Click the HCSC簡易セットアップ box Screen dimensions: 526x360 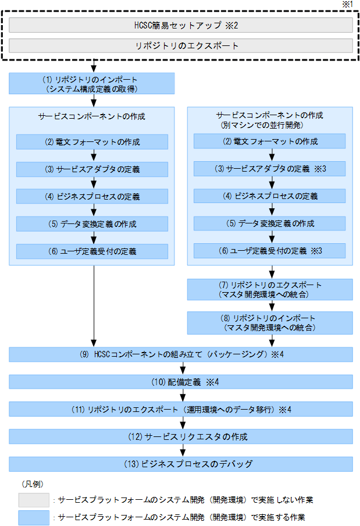click(181, 25)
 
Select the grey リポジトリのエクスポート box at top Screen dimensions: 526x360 click(181, 46)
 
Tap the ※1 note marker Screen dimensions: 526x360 click(348, 5)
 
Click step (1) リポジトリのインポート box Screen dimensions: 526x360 click(92, 83)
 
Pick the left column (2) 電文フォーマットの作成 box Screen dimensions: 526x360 click(92, 142)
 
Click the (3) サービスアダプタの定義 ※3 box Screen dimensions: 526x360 click(269, 169)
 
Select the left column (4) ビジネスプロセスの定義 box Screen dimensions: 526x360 click(92, 197)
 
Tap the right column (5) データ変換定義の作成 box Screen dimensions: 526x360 click(269, 223)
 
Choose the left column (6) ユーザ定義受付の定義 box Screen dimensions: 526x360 click(92, 251)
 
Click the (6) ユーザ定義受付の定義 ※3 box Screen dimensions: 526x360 click(269, 251)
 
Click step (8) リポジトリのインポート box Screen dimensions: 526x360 click(269, 323)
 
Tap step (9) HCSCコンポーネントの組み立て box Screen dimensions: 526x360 click(181, 354)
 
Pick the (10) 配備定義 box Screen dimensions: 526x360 click(181, 382)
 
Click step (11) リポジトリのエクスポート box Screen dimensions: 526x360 click(181, 409)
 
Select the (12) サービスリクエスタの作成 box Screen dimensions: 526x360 click(181, 436)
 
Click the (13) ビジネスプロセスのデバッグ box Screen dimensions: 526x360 click(181, 464)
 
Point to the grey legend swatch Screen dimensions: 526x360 click(34, 500)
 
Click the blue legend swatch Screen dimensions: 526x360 click(34, 517)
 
